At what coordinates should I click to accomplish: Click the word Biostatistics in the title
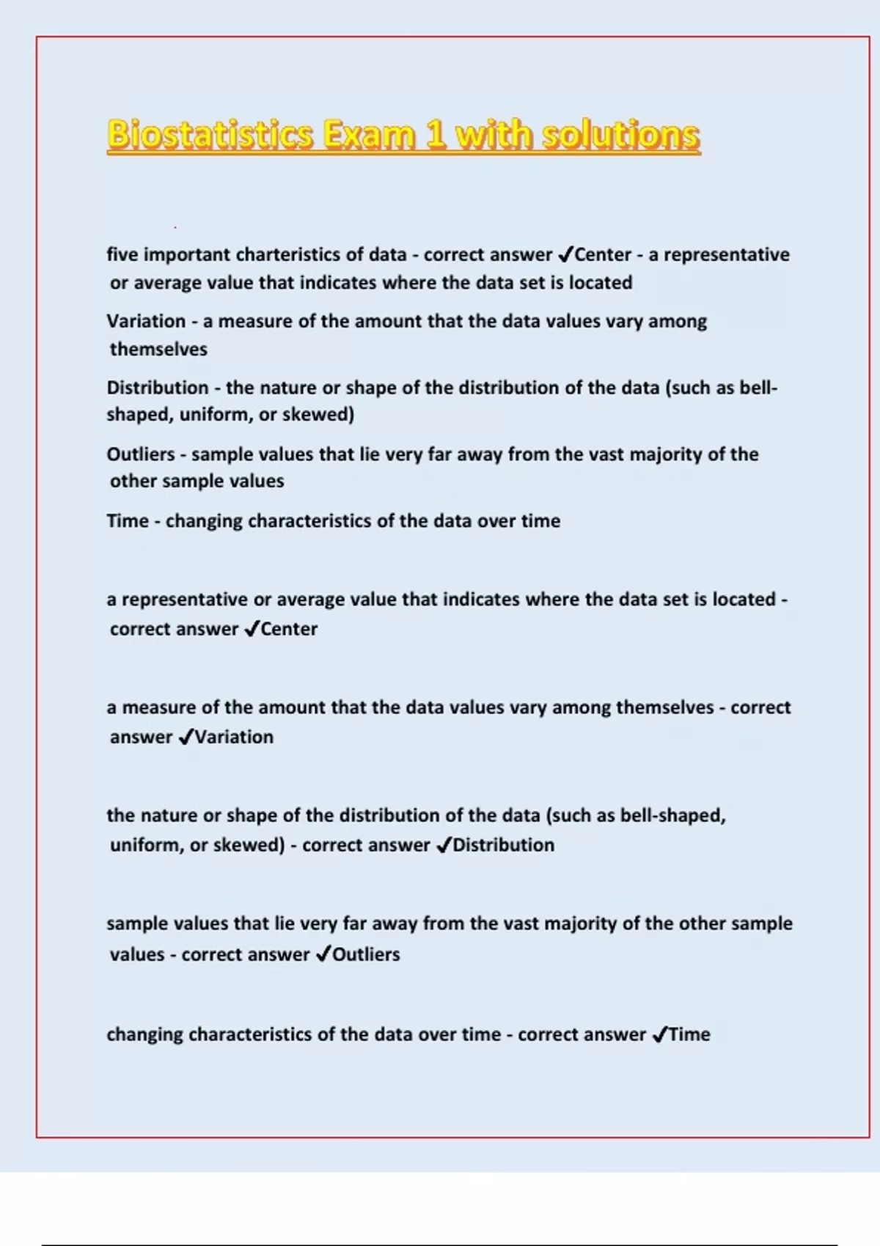210,135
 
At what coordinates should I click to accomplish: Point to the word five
122,254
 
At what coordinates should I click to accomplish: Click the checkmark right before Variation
186,737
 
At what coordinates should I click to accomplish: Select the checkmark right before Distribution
444,846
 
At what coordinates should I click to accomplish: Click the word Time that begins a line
128,521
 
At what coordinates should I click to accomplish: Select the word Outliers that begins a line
141,454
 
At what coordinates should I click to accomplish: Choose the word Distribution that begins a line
158,388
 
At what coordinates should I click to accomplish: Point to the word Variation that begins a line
146,321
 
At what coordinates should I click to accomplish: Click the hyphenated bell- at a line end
758,388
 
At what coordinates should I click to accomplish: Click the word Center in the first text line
603,254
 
